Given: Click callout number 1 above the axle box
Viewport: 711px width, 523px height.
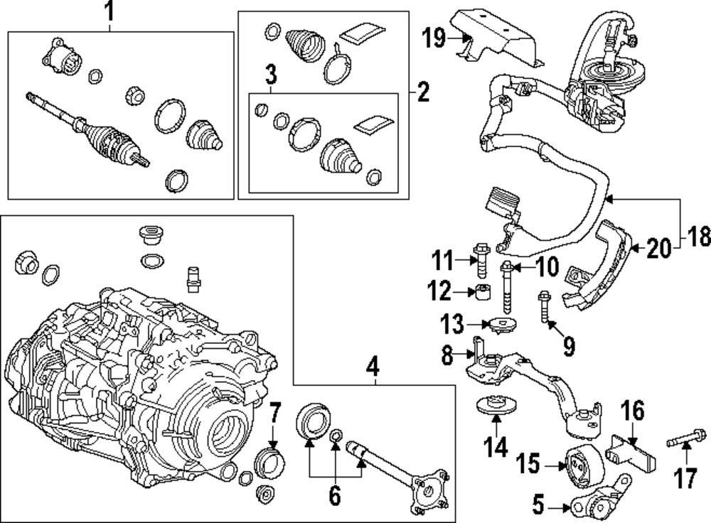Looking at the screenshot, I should pyautogui.click(x=109, y=11).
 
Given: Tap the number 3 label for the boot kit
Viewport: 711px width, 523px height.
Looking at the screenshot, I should pyautogui.click(x=271, y=74).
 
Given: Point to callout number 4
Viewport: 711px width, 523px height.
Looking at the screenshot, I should pyautogui.click(x=373, y=368).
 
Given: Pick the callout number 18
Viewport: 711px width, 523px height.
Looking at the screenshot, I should pyautogui.click(x=698, y=237).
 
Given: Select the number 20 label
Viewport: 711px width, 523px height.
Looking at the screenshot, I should pyautogui.click(x=659, y=248).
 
